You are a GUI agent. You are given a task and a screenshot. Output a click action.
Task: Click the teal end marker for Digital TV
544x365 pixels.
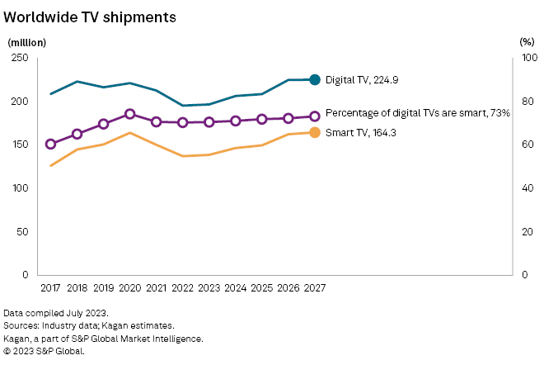point(314,79)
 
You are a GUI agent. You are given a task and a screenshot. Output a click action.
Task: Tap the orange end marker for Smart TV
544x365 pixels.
point(314,132)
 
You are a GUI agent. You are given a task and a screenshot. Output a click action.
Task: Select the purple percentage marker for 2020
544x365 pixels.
point(130,114)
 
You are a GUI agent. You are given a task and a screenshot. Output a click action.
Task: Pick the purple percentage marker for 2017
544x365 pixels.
point(51,144)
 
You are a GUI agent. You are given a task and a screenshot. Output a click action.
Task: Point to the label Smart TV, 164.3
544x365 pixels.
point(362,132)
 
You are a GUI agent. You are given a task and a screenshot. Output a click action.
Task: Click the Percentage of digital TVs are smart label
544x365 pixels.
point(418,113)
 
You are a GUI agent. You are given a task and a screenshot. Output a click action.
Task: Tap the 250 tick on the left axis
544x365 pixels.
point(20,58)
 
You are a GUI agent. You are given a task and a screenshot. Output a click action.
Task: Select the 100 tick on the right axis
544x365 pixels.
point(530,58)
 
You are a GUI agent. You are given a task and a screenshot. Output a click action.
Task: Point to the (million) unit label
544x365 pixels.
point(26,41)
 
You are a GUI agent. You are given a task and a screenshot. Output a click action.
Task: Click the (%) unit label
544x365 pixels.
point(528,41)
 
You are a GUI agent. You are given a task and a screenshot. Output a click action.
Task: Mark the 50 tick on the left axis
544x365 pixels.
point(23,231)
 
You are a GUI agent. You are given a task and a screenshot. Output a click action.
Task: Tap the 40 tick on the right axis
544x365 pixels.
point(528,187)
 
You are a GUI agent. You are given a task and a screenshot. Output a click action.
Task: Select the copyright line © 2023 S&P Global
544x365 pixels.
point(44,351)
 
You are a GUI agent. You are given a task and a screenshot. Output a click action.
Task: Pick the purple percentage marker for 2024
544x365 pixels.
point(236,121)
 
